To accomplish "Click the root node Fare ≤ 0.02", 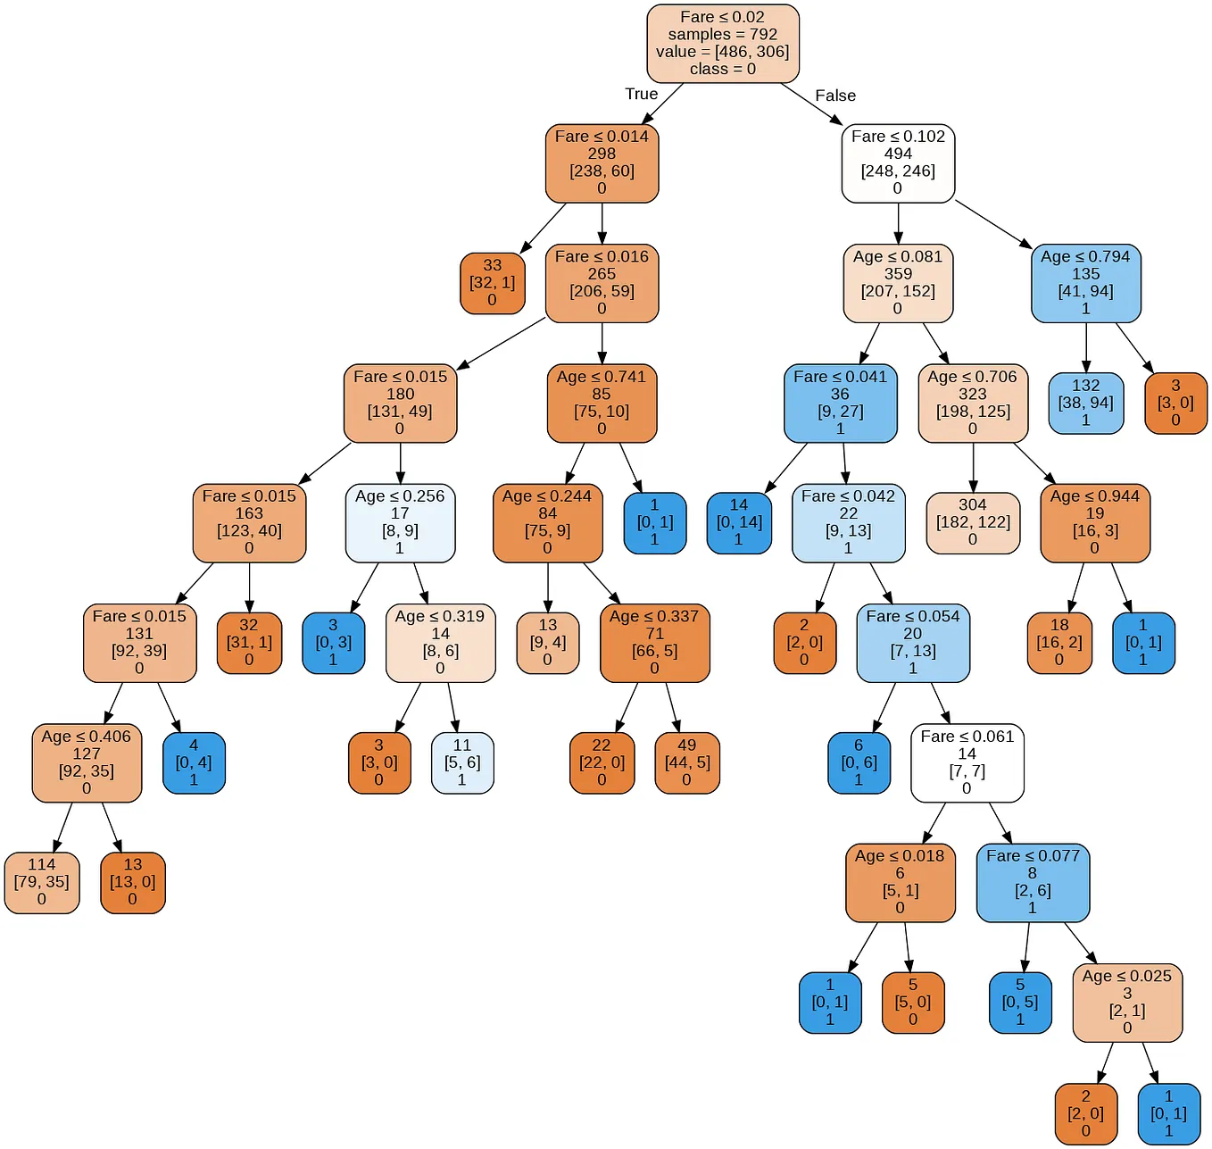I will coord(722,43).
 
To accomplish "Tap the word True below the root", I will coord(641,94).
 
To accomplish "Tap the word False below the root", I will coord(834,96).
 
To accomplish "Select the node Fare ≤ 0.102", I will coord(898,162).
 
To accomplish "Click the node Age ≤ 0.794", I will coord(1085,282).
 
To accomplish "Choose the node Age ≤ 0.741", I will coord(602,403).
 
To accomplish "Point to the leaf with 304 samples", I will coord(973,522).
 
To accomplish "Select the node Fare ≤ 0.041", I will coord(840,403).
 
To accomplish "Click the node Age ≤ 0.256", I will coord(400,522).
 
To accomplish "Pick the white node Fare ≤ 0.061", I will coord(967,762).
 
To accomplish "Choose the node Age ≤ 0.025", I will coord(1126,1002).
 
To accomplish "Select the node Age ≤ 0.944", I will coord(1094,522).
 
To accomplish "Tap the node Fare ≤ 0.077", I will coord(1033,882).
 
